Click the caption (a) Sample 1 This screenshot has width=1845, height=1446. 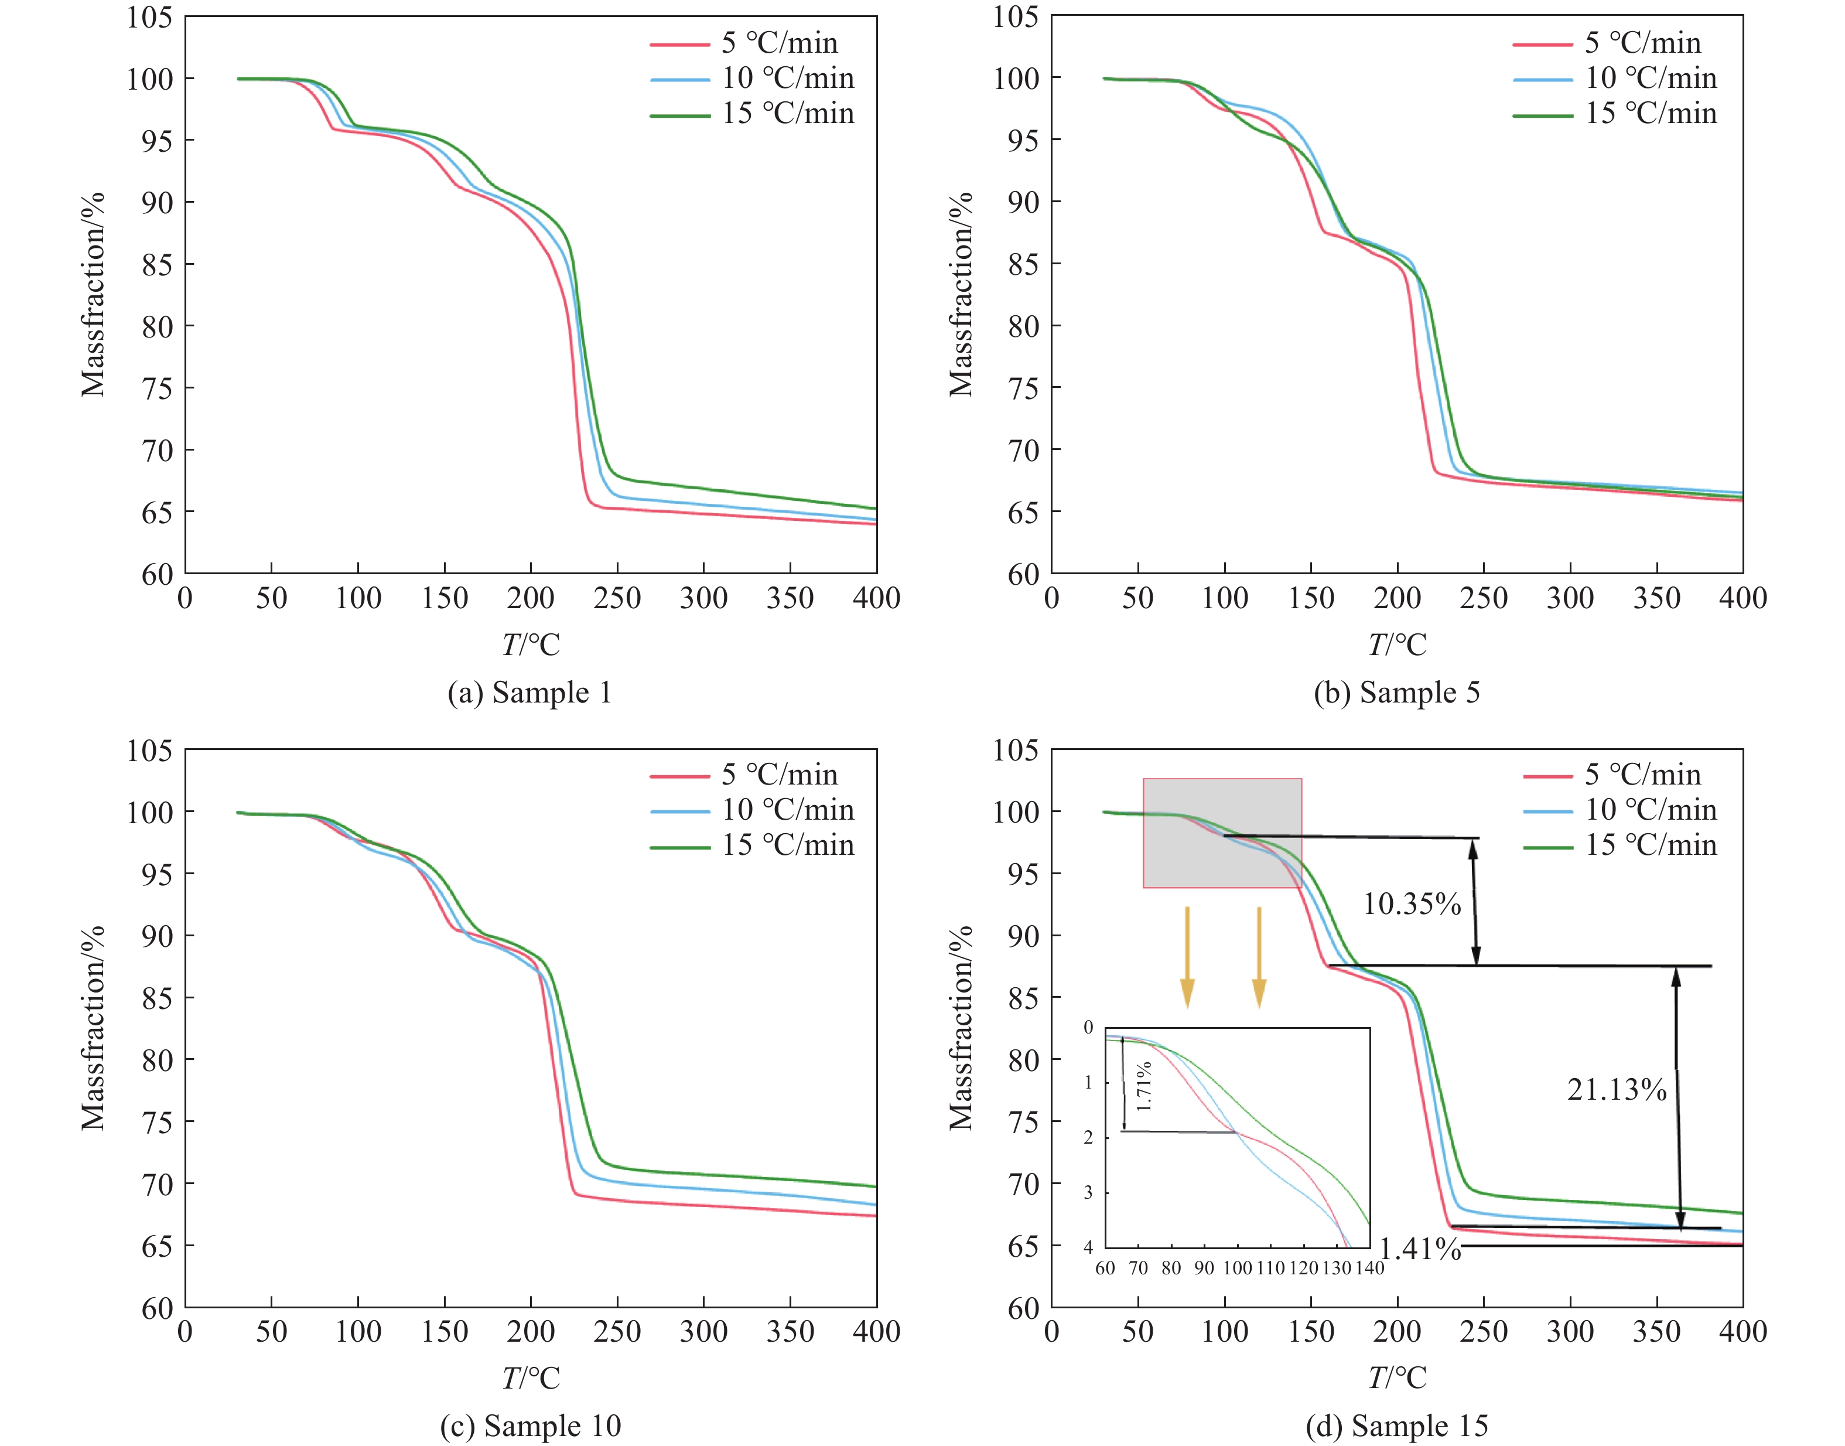click(530, 693)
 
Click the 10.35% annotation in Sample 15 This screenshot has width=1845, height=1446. click(1412, 904)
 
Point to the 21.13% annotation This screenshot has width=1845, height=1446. click(1617, 1090)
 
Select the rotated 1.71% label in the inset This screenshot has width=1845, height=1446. click(1143, 1086)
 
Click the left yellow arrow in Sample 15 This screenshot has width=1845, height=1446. click(1187, 957)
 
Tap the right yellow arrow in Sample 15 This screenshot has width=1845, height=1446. click(1259, 957)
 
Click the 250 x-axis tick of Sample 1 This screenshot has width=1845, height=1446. click(617, 599)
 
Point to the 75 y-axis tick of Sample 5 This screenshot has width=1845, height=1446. click(1023, 388)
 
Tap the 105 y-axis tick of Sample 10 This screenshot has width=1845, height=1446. click(150, 750)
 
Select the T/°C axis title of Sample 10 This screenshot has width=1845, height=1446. click(531, 1378)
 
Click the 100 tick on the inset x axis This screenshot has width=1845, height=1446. click(1238, 1268)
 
